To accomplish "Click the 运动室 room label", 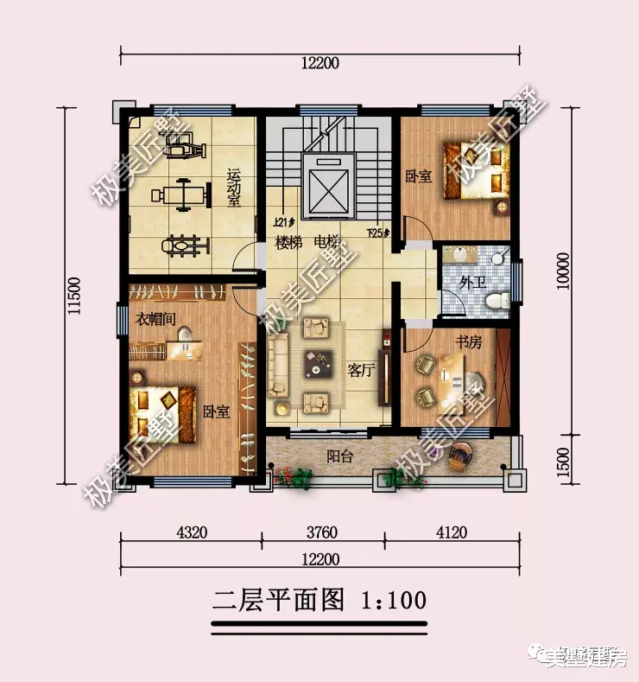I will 233,187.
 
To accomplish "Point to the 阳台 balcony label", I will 339,456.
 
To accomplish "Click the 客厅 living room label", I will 360,370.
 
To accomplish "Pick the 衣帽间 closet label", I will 156,318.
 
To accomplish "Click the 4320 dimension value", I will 191,532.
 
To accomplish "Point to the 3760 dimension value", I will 321,532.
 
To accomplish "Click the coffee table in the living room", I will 316,364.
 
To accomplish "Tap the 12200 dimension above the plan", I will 320,63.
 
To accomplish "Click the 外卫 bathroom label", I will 471,282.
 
